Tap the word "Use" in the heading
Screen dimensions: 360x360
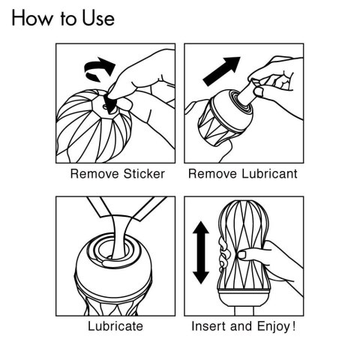97,18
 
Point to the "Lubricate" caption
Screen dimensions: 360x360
115,327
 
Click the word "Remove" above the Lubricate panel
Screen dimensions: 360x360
91,174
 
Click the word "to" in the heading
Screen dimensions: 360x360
68,19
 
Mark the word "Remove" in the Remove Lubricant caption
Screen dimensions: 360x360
209,174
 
